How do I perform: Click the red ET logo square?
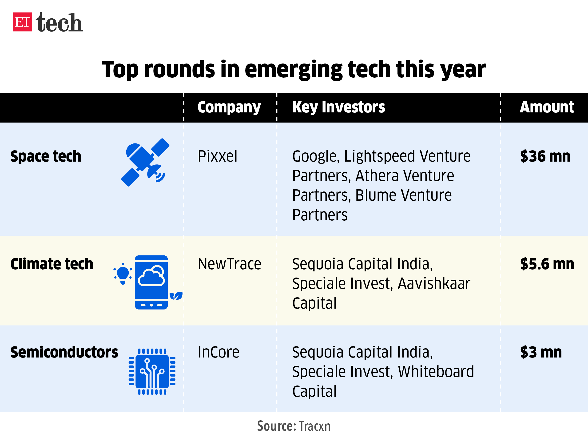tap(23, 22)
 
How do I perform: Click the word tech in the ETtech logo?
tap(59, 23)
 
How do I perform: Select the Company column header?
tap(229, 107)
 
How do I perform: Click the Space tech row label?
tap(46, 156)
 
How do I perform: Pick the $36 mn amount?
tap(545, 156)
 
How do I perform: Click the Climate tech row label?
tap(52, 264)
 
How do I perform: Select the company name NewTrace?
tap(229, 264)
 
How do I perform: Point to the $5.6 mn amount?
tap(547, 264)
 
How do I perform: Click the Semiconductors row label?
tap(64, 352)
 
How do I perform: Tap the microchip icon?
tap(152, 371)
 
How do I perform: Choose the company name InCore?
tap(219, 352)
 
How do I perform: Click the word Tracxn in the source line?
tap(314, 426)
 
